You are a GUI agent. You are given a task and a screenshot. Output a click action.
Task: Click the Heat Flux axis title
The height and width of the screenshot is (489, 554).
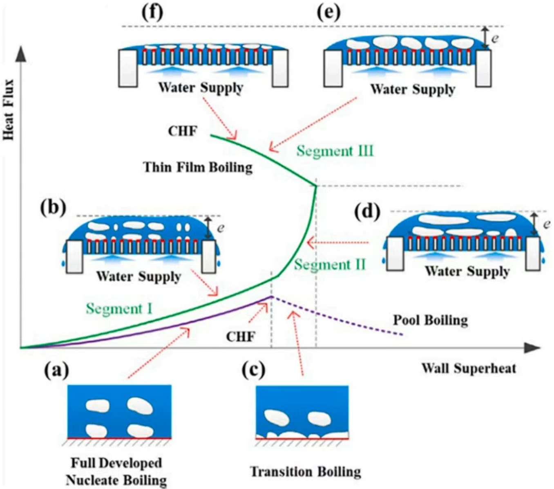tap(9, 110)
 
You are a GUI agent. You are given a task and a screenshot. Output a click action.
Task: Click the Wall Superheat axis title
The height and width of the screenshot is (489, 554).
tap(469, 368)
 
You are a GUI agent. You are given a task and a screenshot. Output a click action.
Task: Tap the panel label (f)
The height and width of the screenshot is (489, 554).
tap(152, 12)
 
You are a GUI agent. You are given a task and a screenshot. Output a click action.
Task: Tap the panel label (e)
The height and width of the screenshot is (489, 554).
tap(328, 12)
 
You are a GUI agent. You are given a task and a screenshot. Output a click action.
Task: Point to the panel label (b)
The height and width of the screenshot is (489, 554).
tap(53, 207)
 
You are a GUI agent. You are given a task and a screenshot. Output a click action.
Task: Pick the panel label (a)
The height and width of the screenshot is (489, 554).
tap(57, 370)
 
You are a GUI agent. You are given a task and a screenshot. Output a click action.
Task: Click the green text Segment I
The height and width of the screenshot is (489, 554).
tap(119, 308)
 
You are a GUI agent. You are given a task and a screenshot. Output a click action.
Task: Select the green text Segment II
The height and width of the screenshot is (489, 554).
tap(330, 265)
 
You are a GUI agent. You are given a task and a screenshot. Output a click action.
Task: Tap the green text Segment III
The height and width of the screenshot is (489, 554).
tap(335, 151)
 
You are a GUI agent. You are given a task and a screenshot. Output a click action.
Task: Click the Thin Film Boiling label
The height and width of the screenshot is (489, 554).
tap(198, 167)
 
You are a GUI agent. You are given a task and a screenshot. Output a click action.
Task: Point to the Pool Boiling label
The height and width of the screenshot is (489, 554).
tap(430, 320)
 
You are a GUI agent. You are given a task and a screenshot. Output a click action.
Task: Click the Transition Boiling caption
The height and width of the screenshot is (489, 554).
tap(306, 471)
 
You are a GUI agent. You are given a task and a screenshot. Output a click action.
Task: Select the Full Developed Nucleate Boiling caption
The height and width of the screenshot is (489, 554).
tap(116, 471)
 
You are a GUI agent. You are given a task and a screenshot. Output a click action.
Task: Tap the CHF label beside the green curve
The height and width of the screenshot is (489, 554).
tap(182, 131)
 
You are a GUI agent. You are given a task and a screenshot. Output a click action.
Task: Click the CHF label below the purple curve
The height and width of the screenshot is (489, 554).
tap(241, 336)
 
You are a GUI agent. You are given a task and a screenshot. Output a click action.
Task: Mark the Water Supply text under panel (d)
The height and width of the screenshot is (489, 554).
tap(467, 271)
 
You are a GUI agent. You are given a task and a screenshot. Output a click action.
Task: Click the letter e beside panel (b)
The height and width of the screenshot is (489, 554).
tap(221, 227)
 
